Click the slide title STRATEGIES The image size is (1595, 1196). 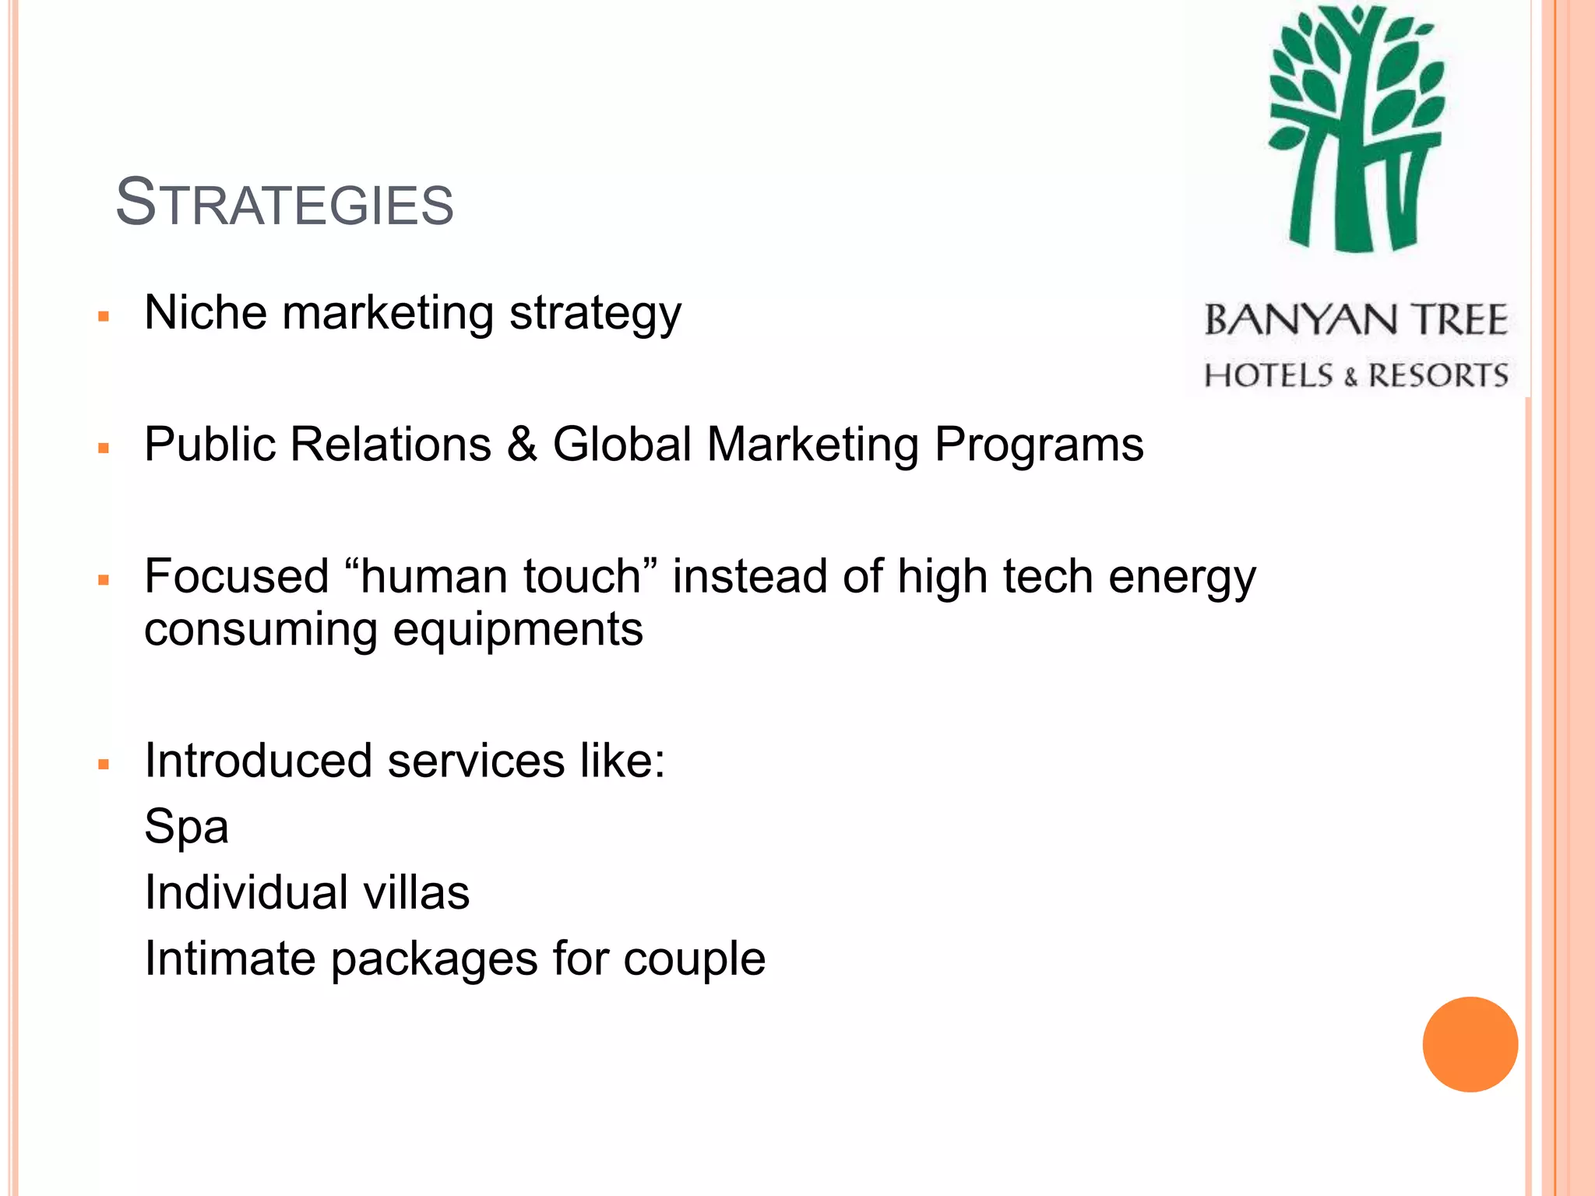pos(284,202)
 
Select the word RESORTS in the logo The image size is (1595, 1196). pos(1438,375)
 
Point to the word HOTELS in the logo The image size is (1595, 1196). pos(1269,375)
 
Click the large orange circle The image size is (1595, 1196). pos(1470,1044)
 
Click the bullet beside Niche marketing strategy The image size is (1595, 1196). pos(104,317)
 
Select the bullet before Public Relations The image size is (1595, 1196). pos(104,448)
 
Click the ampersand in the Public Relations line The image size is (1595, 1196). pos(521,445)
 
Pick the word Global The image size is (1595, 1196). pos(621,445)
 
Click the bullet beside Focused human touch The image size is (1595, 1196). pos(104,580)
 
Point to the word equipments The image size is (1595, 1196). pos(518,631)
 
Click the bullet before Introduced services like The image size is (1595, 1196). pos(104,765)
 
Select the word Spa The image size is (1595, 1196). pos(186,828)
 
